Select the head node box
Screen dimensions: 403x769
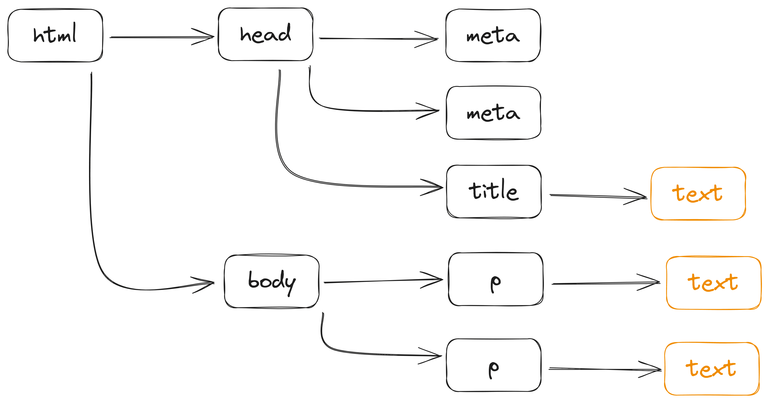265,34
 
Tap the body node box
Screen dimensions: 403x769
272,281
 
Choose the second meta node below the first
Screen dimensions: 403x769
493,113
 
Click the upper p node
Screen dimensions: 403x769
496,279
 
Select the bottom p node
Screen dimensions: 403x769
494,365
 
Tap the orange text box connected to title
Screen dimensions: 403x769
698,194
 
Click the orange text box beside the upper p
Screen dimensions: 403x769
714,283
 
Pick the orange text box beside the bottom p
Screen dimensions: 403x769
711,369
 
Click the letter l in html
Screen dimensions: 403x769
74,32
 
